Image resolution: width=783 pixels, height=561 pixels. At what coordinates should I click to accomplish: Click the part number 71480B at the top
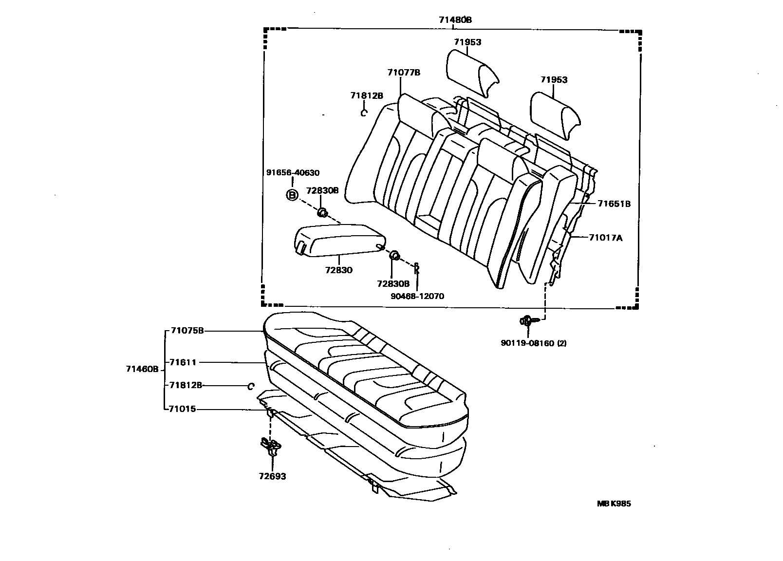(x=455, y=20)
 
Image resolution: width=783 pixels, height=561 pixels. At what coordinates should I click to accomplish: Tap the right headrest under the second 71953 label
(x=555, y=115)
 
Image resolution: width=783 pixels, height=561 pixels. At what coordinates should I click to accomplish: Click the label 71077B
(x=404, y=73)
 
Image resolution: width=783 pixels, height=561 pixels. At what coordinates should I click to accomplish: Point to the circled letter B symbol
(x=292, y=195)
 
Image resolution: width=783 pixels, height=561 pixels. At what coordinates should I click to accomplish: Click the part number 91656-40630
(x=293, y=173)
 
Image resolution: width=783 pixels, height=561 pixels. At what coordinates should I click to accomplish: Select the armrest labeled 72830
(x=339, y=240)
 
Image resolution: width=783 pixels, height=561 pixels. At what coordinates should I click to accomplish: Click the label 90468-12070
(x=417, y=296)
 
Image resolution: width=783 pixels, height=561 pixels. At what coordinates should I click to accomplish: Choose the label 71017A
(x=605, y=238)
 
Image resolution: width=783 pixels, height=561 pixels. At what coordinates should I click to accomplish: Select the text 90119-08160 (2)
(x=534, y=343)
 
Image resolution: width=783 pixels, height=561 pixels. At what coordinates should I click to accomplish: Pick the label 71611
(x=183, y=362)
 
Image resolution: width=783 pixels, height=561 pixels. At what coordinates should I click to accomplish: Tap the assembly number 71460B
(x=142, y=369)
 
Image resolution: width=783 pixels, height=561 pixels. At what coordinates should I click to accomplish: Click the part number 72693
(x=272, y=476)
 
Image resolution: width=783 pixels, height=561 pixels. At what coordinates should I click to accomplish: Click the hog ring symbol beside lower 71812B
(x=250, y=386)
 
